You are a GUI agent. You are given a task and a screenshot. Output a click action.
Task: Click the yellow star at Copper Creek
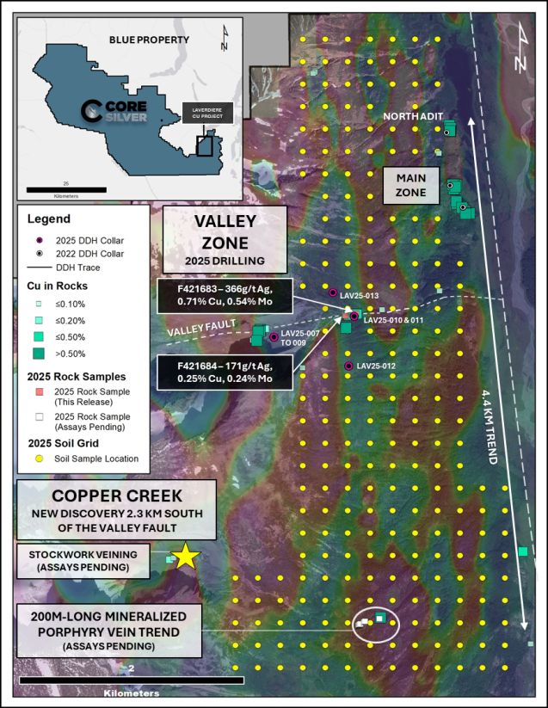pyautogui.click(x=187, y=556)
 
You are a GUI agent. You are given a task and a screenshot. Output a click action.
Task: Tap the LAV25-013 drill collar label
pyautogui.click(x=359, y=296)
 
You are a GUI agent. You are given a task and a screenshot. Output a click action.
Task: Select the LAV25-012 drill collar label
pyautogui.click(x=375, y=366)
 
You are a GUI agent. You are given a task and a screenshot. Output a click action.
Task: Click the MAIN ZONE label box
pyautogui.click(x=411, y=185)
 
